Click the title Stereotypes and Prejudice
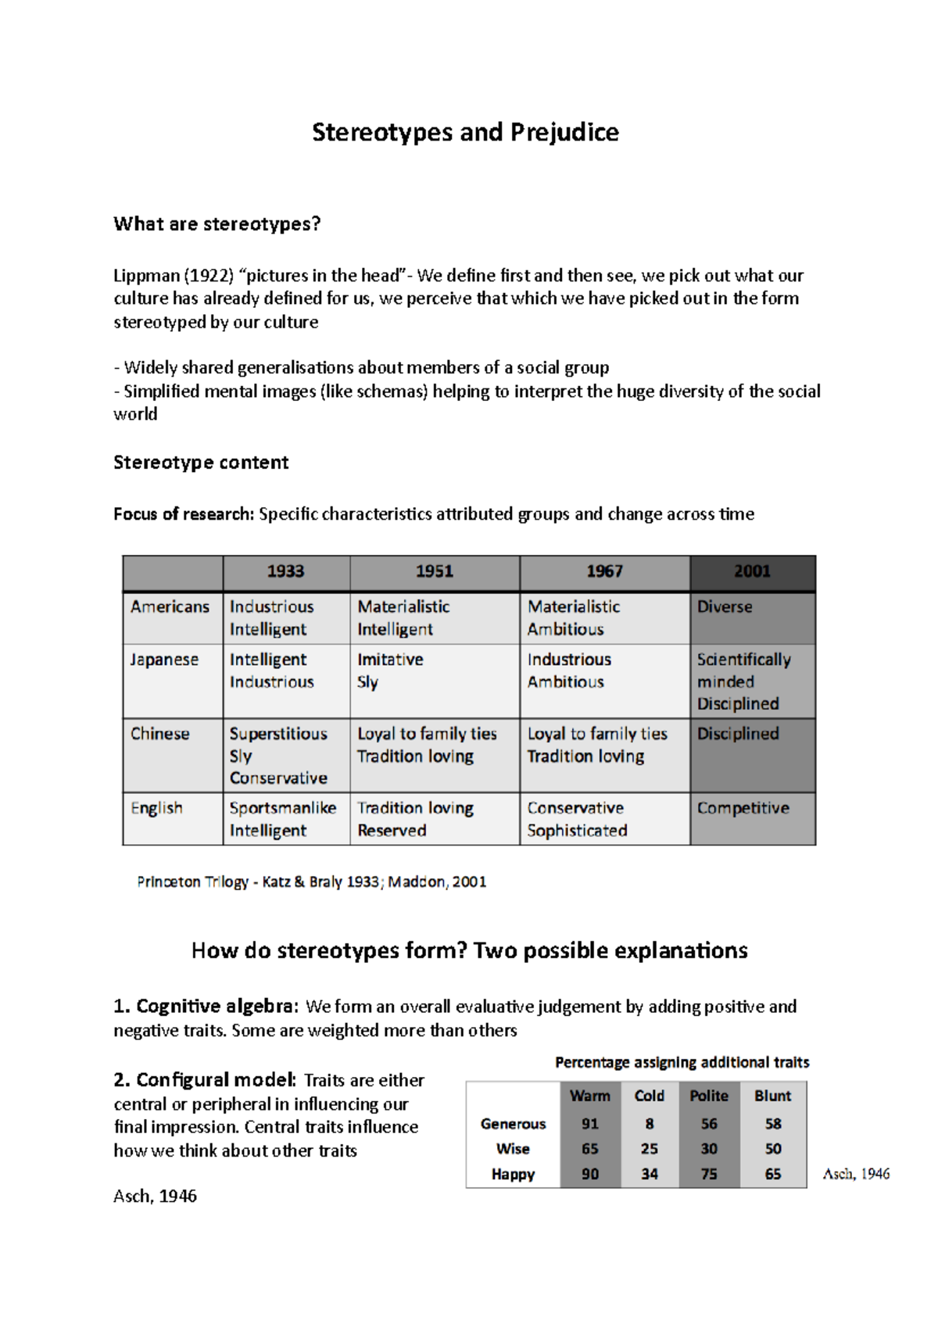(x=465, y=132)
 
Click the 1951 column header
(x=434, y=571)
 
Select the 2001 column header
(x=751, y=571)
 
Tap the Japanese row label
(x=164, y=660)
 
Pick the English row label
(x=156, y=808)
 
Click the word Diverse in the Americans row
(x=725, y=606)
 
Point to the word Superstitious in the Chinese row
(x=278, y=734)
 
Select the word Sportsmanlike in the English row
(x=282, y=808)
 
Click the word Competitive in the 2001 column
(x=743, y=808)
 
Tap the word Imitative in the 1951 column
(x=390, y=660)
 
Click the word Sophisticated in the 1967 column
(x=577, y=831)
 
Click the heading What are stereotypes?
(x=217, y=224)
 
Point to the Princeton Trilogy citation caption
(x=311, y=882)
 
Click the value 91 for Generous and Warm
(x=590, y=1124)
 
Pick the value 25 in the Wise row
(x=649, y=1149)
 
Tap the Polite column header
(x=708, y=1096)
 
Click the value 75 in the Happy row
(x=708, y=1174)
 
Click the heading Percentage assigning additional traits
(x=682, y=1062)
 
